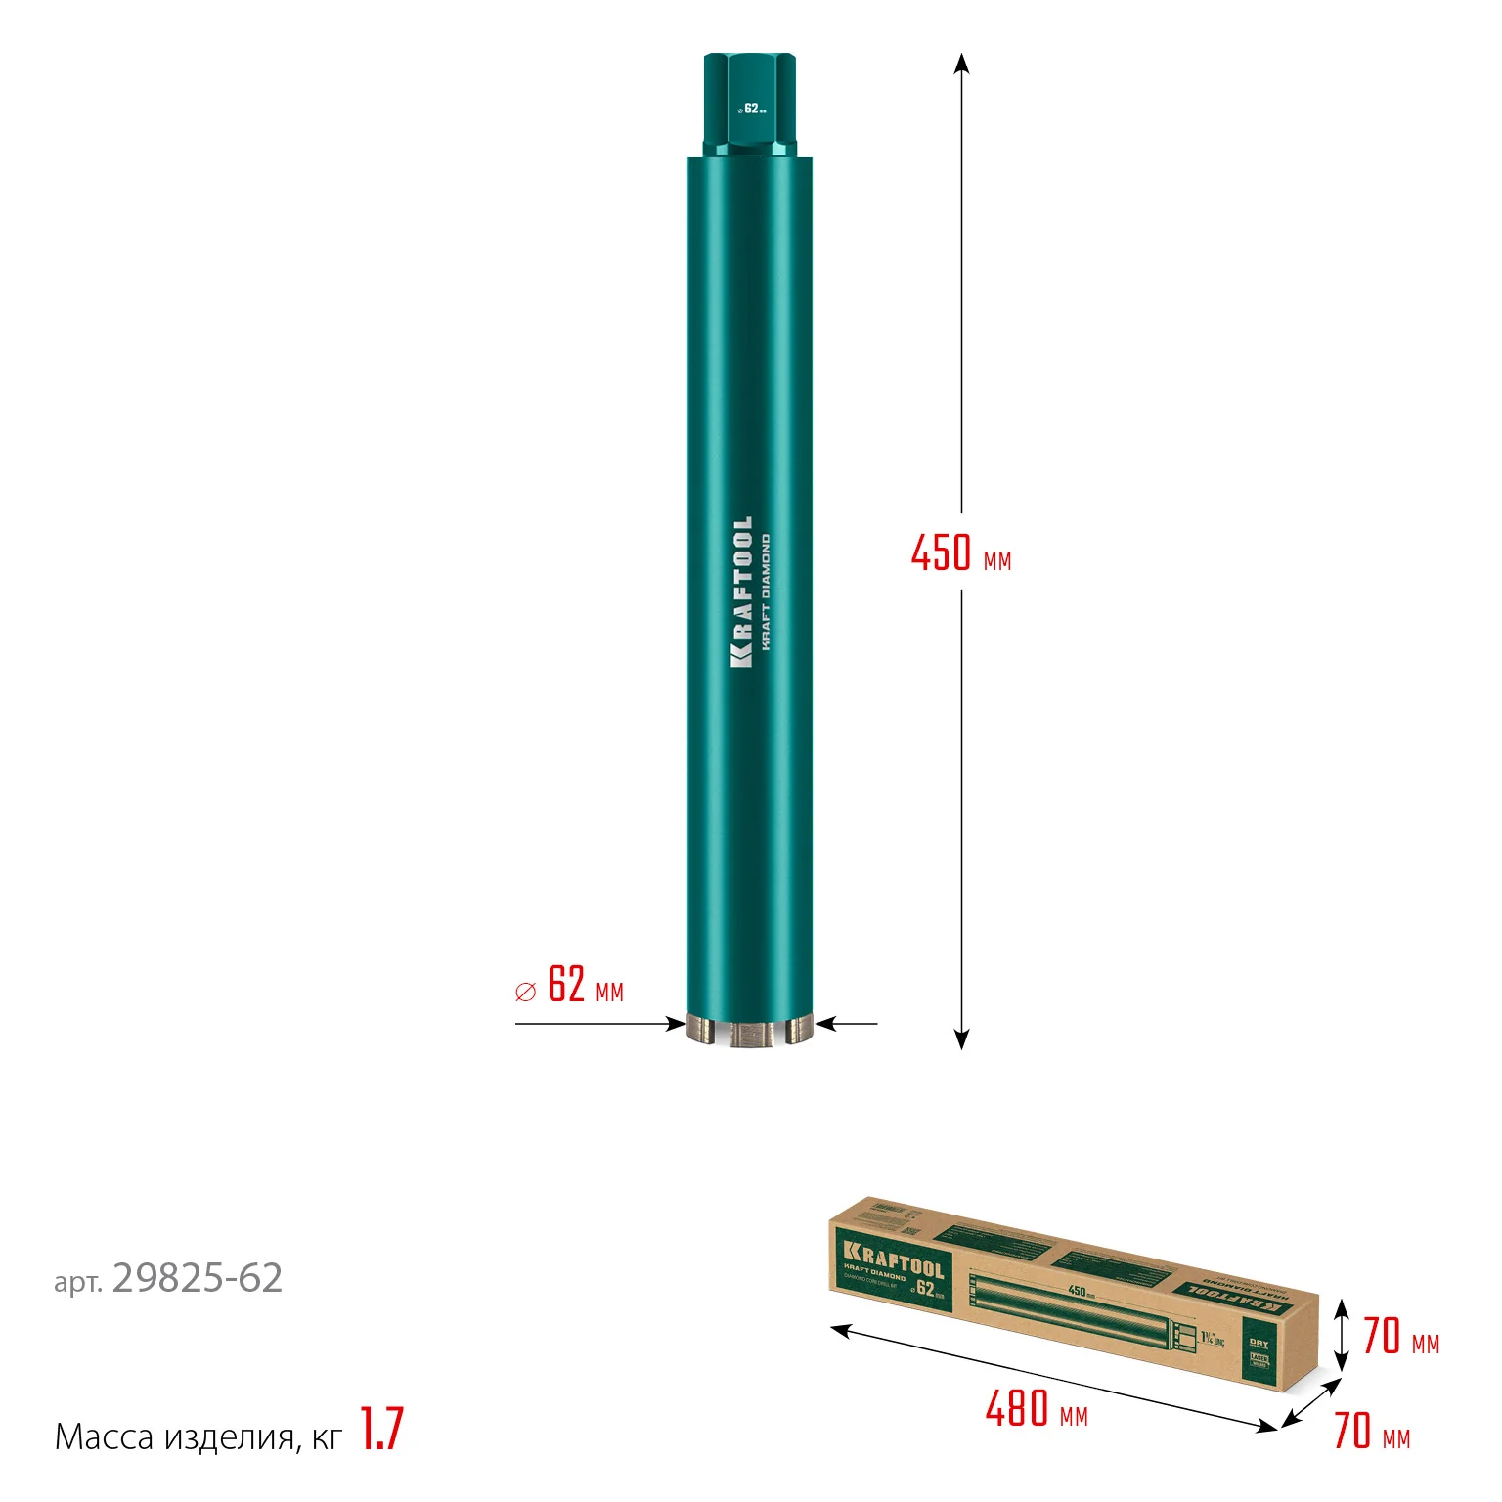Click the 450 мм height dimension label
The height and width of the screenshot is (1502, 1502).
tap(960, 553)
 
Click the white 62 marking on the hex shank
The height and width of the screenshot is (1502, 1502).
tap(751, 109)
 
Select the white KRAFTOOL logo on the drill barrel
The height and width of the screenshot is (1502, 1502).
tap(742, 593)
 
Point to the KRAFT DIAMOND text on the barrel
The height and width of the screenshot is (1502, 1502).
tap(766, 593)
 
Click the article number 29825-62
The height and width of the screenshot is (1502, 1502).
tap(198, 1278)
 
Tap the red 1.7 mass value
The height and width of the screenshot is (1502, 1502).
tap(381, 1430)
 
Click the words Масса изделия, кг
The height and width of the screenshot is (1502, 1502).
tap(199, 1436)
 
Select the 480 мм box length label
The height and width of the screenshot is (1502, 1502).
tap(1036, 1410)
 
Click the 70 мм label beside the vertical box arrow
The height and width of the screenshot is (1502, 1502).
tap(1400, 1337)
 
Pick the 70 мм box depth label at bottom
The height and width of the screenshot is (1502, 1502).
tap(1371, 1432)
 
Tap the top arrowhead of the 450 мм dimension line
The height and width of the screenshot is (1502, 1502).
tap(961, 63)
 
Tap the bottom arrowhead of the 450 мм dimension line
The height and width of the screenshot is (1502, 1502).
tap(961, 1039)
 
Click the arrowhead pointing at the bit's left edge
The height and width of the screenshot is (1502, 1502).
tap(676, 1024)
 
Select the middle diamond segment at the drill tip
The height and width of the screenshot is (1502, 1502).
tap(750, 1035)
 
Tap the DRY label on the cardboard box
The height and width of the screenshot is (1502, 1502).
tap(1259, 1343)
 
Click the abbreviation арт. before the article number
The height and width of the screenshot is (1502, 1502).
tap(77, 1283)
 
